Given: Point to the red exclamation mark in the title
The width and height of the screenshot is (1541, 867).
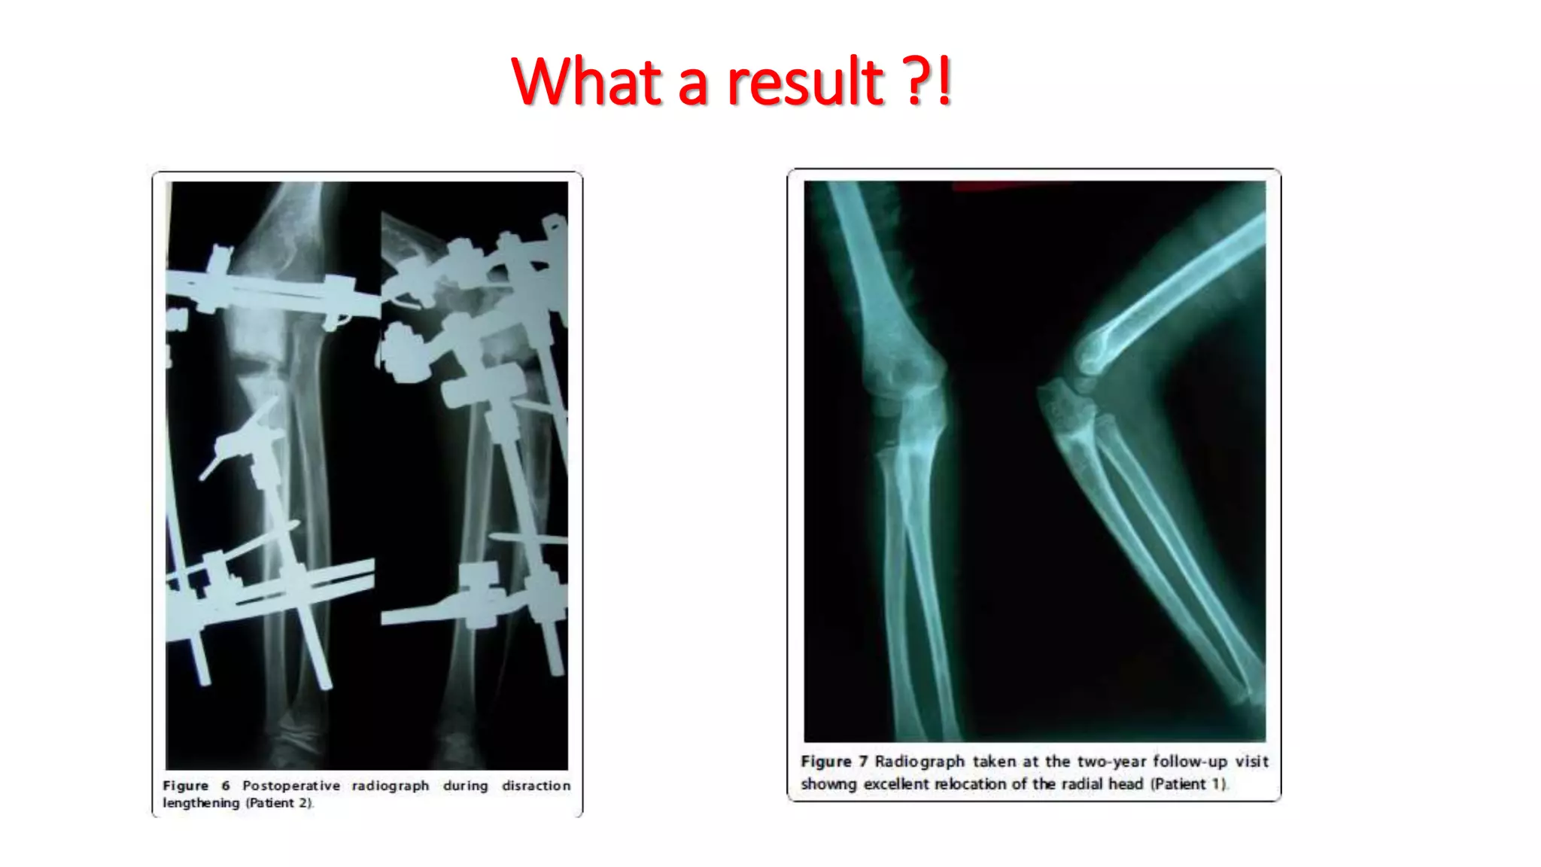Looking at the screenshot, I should tap(944, 81).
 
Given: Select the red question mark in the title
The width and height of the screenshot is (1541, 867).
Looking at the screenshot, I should tap(917, 81).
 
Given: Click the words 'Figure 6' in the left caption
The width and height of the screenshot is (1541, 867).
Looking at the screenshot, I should tap(196, 786).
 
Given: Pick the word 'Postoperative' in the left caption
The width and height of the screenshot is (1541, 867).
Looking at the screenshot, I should tap(291, 786).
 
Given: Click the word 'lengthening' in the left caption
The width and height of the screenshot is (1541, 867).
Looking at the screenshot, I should tap(201, 803).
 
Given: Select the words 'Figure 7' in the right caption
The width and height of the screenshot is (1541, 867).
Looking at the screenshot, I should tap(834, 762).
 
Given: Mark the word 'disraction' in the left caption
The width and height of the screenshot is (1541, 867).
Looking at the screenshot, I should tap(536, 786).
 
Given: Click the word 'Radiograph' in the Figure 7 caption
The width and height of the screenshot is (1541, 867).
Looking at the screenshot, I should tap(919, 762).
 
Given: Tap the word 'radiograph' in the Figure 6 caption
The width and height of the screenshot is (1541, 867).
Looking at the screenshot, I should tap(391, 786).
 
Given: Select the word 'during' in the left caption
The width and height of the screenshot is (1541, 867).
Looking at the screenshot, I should tap(465, 786).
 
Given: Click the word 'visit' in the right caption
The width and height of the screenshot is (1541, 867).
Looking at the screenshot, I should tap(1252, 762).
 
